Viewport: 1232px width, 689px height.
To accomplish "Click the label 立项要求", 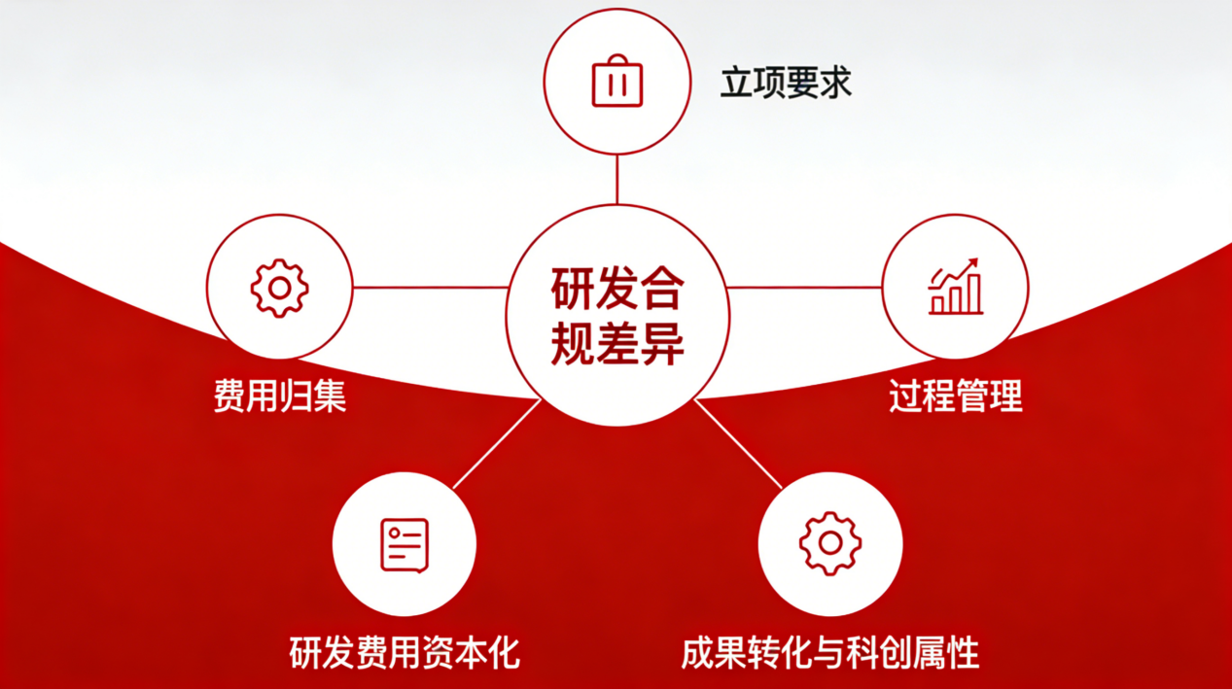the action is pos(786,83).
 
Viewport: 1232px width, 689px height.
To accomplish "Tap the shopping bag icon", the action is pos(617,81).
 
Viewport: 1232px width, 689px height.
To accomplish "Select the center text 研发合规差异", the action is pos(617,316).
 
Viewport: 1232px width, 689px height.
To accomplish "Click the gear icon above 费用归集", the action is pos(279,289).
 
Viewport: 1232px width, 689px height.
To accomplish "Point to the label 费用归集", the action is pos(280,396).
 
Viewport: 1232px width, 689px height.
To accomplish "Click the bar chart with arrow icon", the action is pos(955,286).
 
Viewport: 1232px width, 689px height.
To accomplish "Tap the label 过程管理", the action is pos(956,396).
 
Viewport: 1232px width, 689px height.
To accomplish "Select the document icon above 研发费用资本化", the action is pos(405,545).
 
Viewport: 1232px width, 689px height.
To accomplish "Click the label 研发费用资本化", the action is pos(405,653).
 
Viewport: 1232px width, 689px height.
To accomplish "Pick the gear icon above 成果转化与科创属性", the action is pos(830,543).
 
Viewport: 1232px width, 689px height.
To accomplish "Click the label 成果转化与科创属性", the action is pos(830,653).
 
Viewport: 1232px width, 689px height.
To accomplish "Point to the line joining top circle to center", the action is pos(617,179).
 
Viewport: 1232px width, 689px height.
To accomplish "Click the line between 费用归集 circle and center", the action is pos(430,287).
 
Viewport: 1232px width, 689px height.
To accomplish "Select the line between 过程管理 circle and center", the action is pos(804,287).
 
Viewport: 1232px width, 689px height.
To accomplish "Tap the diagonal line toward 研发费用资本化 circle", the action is pos(497,444).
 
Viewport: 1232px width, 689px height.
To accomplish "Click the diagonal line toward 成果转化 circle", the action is pos(738,444).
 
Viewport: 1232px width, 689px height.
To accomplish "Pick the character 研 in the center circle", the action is pos(572,289).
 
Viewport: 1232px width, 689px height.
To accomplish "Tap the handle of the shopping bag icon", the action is pos(617,59).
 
